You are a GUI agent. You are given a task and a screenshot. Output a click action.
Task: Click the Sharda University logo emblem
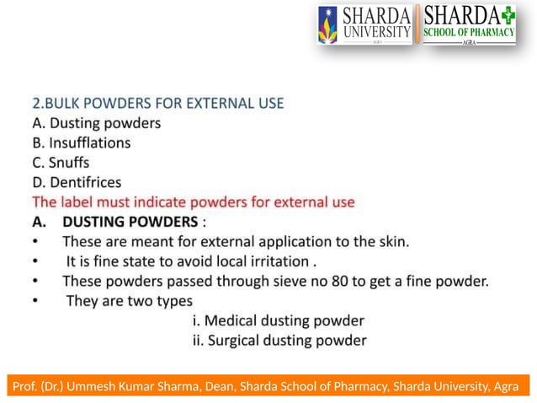327,25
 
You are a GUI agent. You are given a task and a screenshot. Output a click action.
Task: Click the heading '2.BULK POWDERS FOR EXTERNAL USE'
157,104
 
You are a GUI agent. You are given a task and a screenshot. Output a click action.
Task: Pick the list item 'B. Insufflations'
81,142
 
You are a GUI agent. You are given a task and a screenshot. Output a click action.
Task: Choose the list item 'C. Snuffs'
61,162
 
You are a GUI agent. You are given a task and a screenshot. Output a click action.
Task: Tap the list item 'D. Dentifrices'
77,182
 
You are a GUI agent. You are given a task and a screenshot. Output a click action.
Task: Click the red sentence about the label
193,202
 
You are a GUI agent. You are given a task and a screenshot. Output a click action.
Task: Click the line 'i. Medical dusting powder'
279,321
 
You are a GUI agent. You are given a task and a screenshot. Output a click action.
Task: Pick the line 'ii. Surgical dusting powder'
279,341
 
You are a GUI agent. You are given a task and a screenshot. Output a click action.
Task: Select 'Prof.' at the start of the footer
26,387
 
